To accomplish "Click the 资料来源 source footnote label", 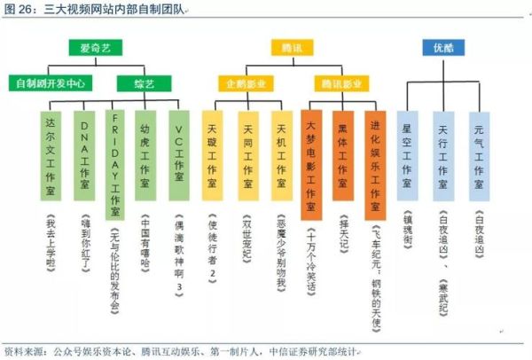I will [x=23, y=351].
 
